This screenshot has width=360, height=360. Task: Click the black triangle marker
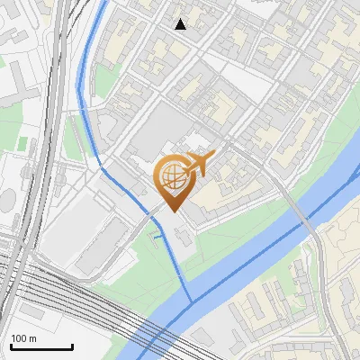pyautogui.click(x=181, y=24)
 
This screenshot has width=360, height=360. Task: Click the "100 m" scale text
pyautogui.click(x=23, y=338)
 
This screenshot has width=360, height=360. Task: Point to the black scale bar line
pyautogui.click(x=41, y=346)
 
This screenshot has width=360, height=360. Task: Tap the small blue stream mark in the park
pyautogui.click(x=158, y=237)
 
